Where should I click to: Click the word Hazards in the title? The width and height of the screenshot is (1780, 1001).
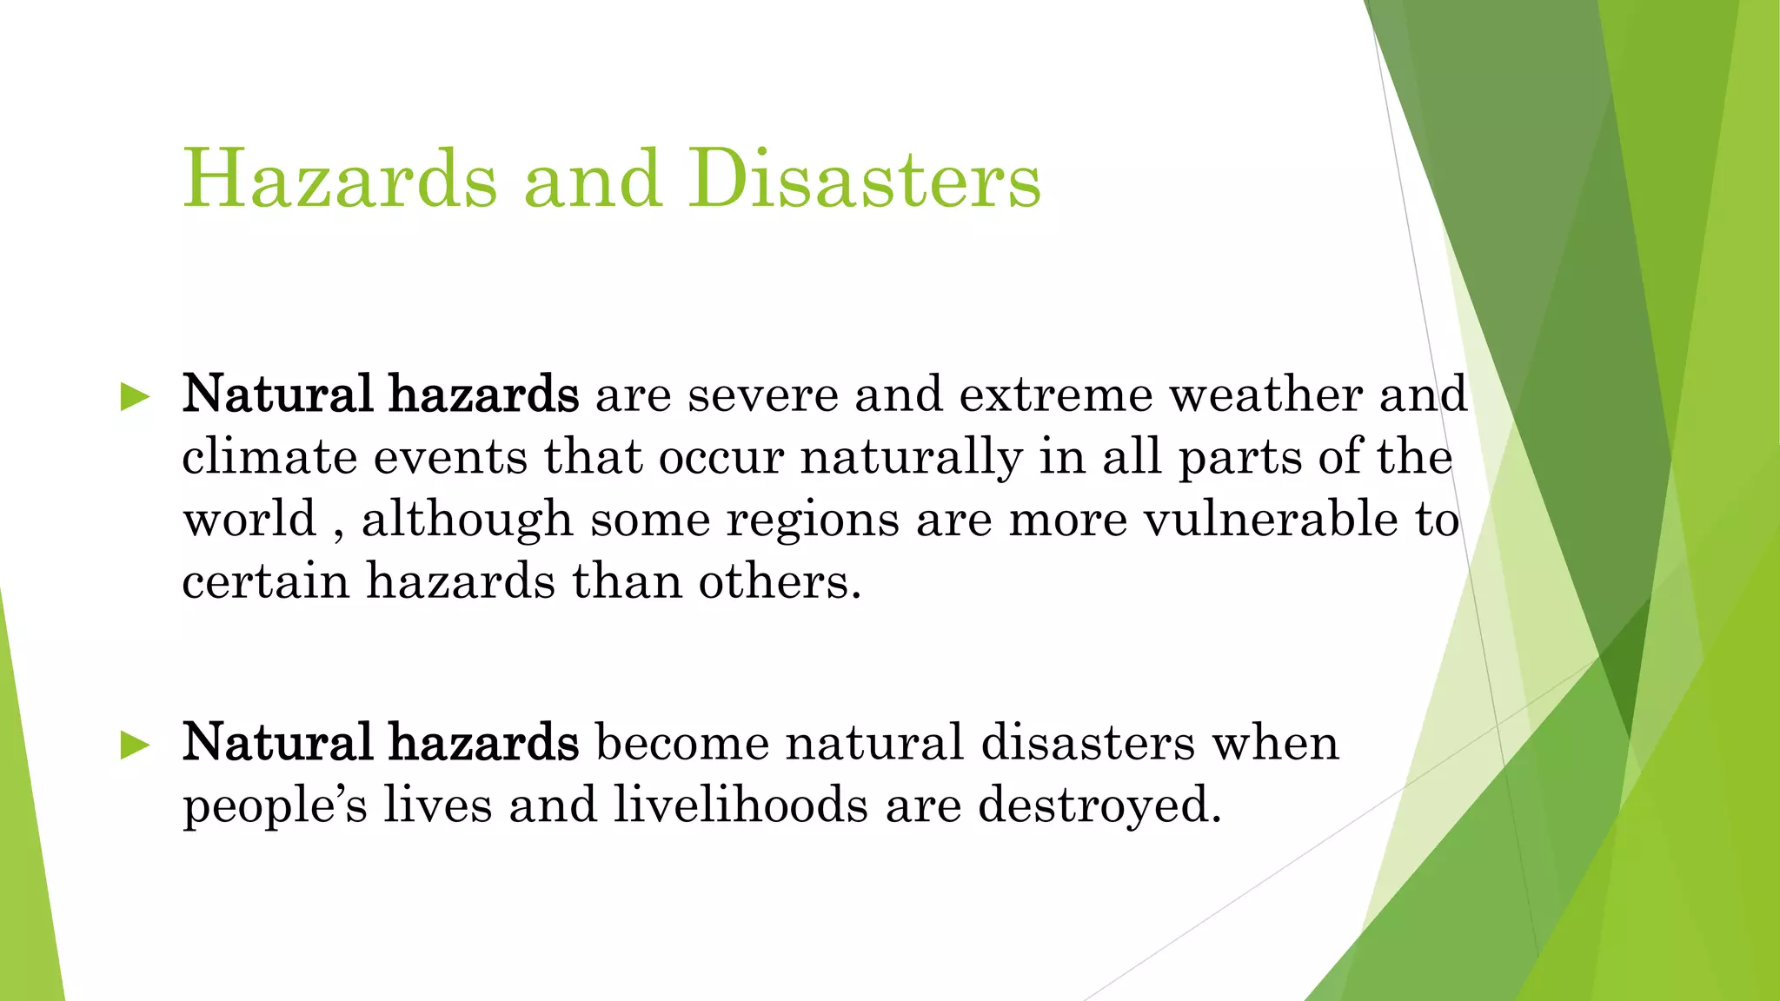(x=340, y=179)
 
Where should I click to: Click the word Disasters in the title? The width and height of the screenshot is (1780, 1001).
(x=865, y=179)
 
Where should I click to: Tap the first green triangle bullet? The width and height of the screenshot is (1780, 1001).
(x=136, y=397)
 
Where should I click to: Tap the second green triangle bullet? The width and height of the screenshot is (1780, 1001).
(x=136, y=745)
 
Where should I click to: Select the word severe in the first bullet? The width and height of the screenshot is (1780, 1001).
(x=762, y=395)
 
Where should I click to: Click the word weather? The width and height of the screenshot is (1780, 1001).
(x=1265, y=395)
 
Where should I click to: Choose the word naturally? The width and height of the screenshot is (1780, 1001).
(x=911, y=459)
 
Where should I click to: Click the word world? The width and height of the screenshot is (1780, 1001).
(x=249, y=520)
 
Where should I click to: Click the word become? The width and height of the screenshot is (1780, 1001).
(x=681, y=743)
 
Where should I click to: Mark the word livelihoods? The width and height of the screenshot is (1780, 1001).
(x=741, y=805)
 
